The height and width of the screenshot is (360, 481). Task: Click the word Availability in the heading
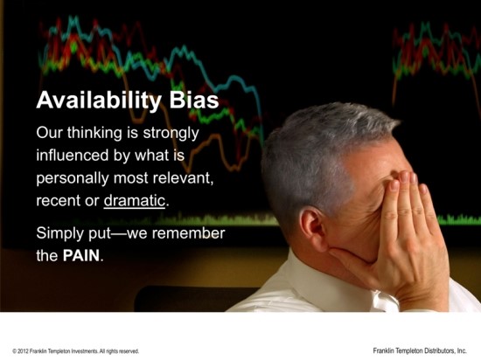pyautogui.click(x=99, y=100)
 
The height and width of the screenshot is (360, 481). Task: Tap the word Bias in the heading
pyautogui.click(x=194, y=100)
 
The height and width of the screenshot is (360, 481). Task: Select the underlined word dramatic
pyautogui.click(x=135, y=201)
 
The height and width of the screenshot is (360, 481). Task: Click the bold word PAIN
pyautogui.click(x=81, y=255)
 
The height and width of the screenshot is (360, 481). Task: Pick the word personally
pyautogui.click(x=73, y=178)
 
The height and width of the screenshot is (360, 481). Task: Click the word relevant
pyautogui.click(x=183, y=178)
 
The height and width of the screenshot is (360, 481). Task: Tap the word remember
pyautogui.click(x=188, y=233)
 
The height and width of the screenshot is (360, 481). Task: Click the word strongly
pyautogui.click(x=171, y=134)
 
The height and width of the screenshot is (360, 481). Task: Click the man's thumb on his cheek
pyautogui.click(x=352, y=254)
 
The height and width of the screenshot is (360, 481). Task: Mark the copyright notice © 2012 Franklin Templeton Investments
pyautogui.click(x=76, y=351)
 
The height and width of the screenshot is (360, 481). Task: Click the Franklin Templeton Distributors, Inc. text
pyautogui.click(x=420, y=350)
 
